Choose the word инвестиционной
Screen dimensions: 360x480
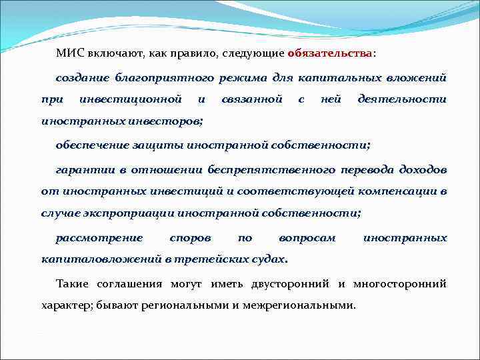point(131,99)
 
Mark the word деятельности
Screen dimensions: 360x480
point(402,99)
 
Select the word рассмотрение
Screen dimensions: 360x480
point(99,237)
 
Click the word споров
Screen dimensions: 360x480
point(191,237)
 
